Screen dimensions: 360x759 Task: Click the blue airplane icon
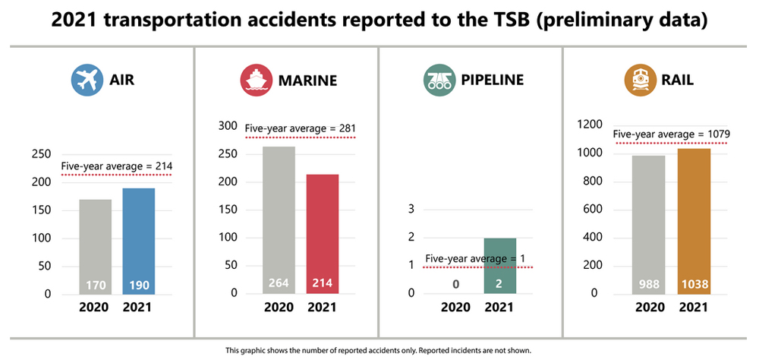coord(86,80)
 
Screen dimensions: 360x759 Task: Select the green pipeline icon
coord(438,80)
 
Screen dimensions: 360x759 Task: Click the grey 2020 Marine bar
coord(279,219)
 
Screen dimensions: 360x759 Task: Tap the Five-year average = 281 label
coord(300,128)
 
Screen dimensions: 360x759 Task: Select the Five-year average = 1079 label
coord(671,134)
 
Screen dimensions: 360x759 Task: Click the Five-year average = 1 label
coord(475,258)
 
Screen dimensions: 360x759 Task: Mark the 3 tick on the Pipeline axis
coord(411,209)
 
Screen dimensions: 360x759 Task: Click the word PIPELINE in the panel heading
coord(493,80)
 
